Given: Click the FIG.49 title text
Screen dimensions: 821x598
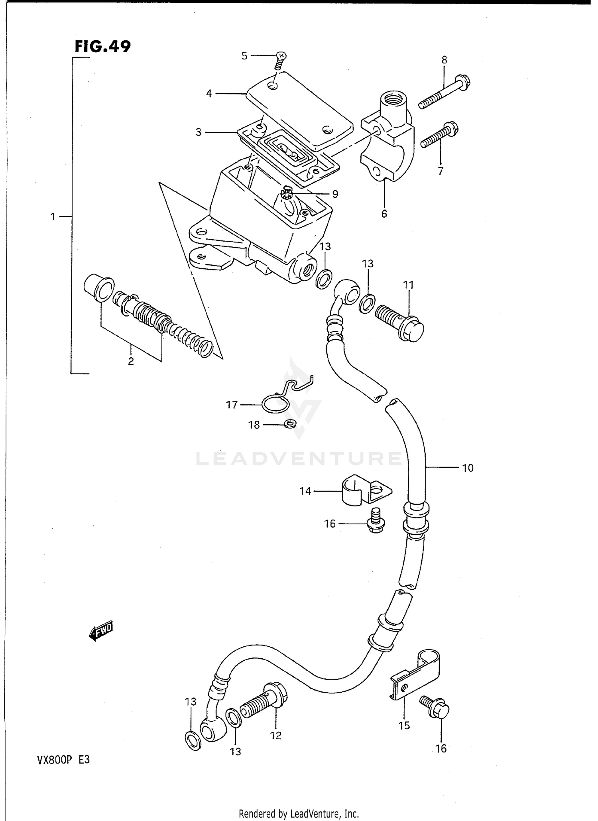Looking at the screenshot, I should click(102, 47).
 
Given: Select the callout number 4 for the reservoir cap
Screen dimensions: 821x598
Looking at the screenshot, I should click(209, 94).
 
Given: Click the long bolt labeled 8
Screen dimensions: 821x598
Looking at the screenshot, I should click(445, 91).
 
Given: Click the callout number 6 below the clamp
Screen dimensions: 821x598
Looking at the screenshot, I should click(384, 214).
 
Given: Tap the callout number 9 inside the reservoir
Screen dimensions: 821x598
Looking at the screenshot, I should click(335, 194).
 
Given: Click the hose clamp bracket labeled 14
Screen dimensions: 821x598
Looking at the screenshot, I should click(365, 490).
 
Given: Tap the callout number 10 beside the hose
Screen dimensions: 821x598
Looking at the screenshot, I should click(468, 468).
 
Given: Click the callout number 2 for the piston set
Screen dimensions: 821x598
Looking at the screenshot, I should click(131, 361).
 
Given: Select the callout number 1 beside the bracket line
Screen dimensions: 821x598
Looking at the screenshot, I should click(53, 217).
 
